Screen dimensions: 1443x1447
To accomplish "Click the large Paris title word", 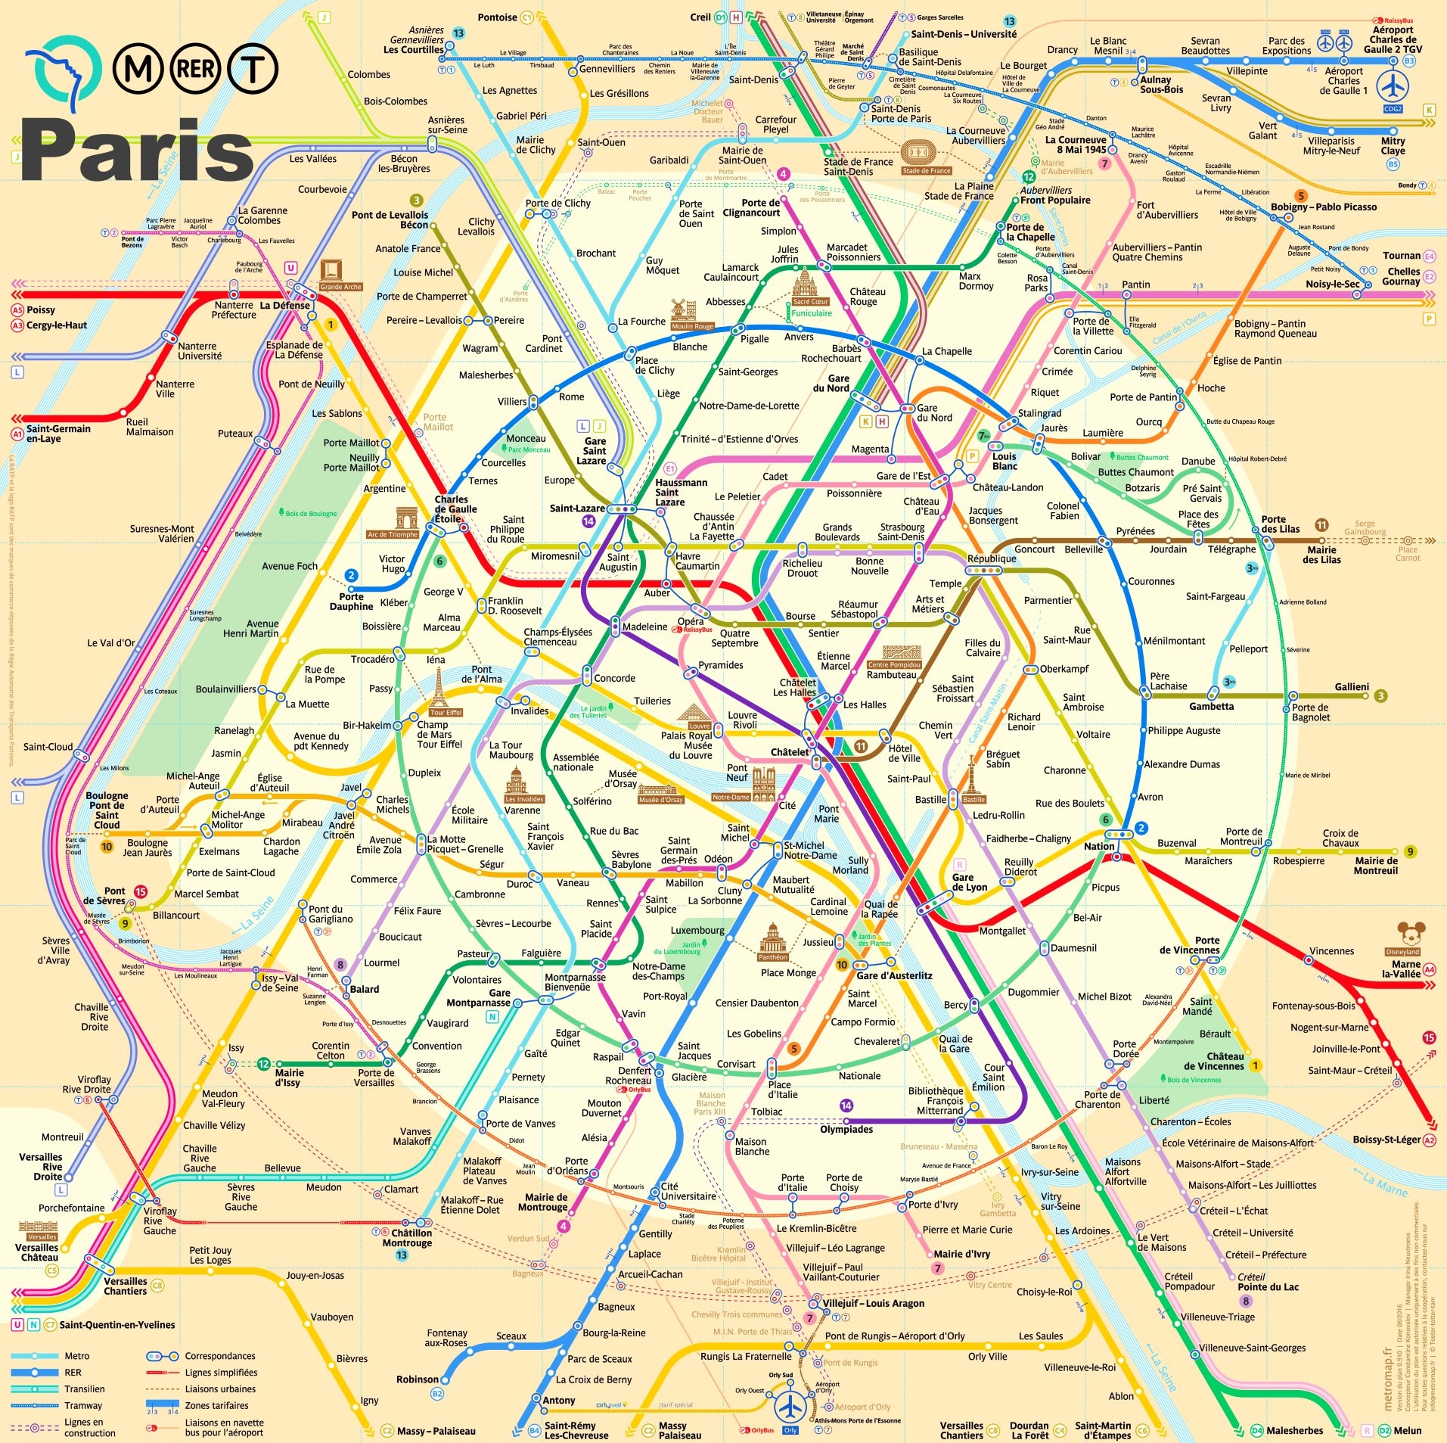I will [x=136, y=151].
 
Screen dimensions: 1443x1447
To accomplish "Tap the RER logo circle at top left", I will [x=195, y=70].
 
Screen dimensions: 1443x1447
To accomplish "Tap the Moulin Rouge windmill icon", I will [x=683, y=309].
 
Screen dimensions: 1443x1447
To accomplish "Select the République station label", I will [x=992, y=558].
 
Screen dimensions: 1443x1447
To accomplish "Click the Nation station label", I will [x=1098, y=846].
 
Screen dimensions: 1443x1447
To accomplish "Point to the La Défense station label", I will [x=284, y=306].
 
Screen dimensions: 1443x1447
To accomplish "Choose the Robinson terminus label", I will [x=417, y=1379].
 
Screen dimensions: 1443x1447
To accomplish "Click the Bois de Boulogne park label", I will [x=311, y=514].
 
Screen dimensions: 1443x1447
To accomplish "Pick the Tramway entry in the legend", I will [x=83, y=1405].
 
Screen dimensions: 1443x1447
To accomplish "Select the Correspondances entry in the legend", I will [x=220, y=1356].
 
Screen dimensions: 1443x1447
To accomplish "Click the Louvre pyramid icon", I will [x=692, y=713].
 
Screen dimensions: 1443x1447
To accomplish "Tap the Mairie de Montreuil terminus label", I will [x=1375, y=866].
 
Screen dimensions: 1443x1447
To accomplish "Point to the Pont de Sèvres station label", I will [x=104, y=896].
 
